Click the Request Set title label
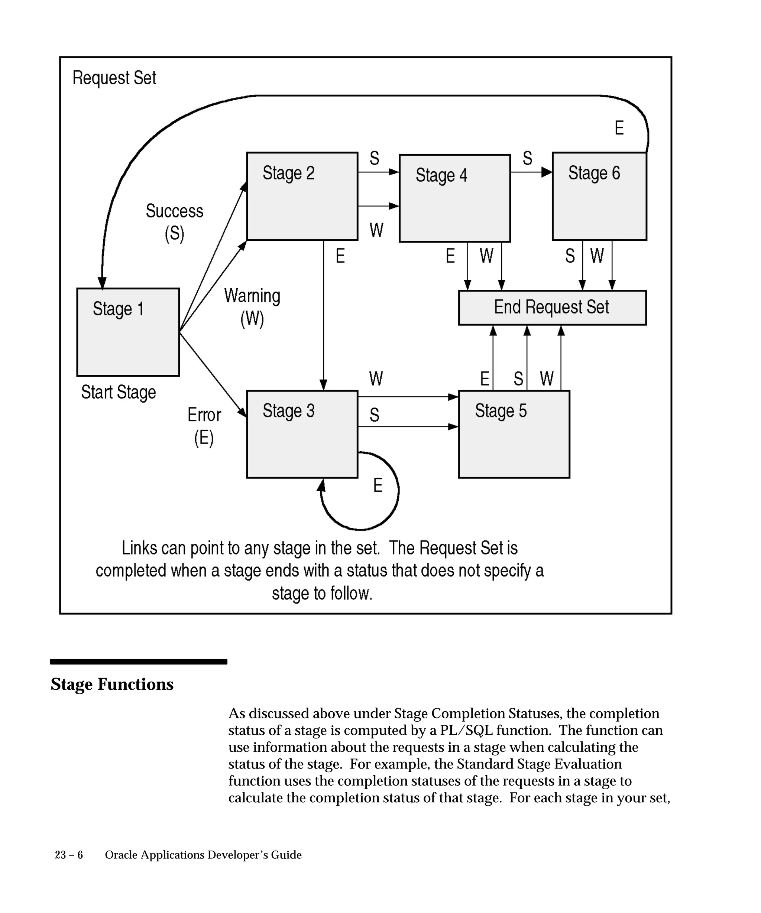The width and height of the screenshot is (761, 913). [x=114, y=78]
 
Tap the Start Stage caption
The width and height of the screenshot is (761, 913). [x=118, y=392]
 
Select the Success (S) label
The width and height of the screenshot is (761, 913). [x=174, y=222]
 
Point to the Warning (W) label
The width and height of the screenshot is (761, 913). [x=252, y=307]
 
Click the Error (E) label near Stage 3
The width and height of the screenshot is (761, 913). [x=204, y=426]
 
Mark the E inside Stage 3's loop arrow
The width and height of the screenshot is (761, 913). [x=378, y=485]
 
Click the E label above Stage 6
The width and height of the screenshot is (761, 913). [x=619, y=128]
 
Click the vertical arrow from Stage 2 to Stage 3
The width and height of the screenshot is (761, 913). [x=324, y=313]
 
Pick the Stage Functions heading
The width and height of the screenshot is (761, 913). [x=112, y=684]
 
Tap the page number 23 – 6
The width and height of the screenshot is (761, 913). [x=69, y=855]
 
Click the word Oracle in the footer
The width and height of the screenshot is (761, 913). [x=121, y=855]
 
